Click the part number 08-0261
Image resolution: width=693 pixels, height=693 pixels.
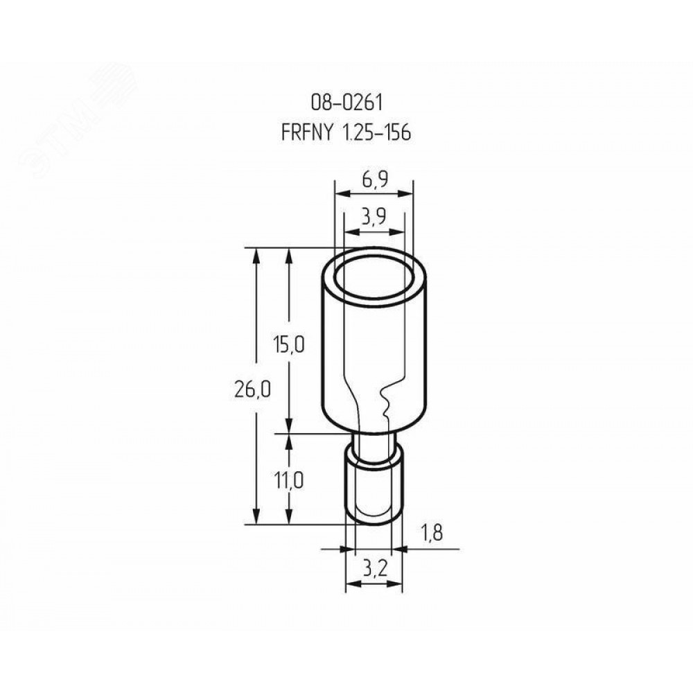[x=346, y=103]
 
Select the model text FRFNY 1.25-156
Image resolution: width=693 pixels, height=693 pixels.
[x=346, y=132]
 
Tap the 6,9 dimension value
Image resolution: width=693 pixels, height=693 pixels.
[x=374, y=179]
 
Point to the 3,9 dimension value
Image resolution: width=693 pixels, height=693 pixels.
[x=374, y=217]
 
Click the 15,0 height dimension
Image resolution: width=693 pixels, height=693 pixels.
[x=288, y=344]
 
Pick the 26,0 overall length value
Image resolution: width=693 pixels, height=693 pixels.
[x=252, y=389]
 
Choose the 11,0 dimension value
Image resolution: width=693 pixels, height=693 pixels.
[x=288, y=480]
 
